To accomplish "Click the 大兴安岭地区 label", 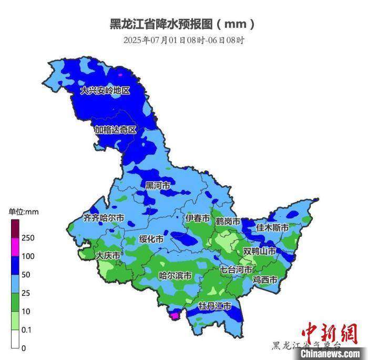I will (105, 91).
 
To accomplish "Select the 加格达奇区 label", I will (115, 129).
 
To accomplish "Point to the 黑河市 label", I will (158, 186).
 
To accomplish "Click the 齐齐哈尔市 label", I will (104, 217).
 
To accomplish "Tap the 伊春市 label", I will (198, 218).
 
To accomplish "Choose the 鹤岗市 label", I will (228, 222).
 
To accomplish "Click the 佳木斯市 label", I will (272, 228).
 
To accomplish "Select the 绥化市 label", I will (151, 239).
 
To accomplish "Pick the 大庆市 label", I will (108, 255).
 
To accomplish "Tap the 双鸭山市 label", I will (259, 251).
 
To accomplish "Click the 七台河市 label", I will (236, 269).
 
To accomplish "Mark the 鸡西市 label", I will (264, 279).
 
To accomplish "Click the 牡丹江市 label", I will (214, 306).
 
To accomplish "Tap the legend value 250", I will (28, 238).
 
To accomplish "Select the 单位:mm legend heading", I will (24, 212).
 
